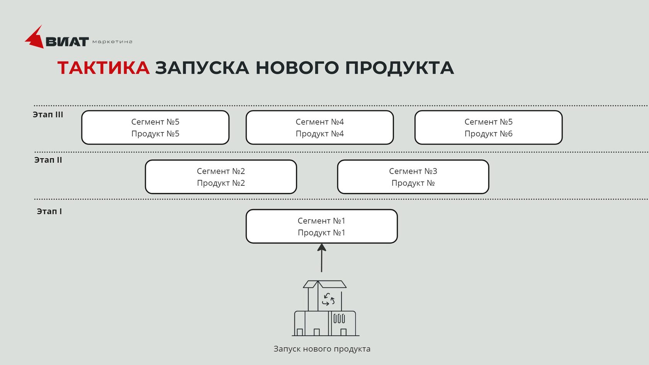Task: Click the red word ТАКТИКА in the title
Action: coord(104,68)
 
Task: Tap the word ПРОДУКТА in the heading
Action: coord(399,68)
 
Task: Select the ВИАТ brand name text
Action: coord(67,42)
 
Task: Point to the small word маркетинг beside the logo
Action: coord(112,42)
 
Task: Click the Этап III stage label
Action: coord(48,115)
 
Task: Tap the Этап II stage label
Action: coord(48,160)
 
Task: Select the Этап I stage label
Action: coord(49,212)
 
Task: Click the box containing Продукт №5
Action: coord(155,127)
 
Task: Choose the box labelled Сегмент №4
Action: coord(319,127)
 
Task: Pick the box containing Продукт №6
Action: coord(488,127)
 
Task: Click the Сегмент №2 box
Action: coord(221,177)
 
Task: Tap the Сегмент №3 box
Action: coord(413,177)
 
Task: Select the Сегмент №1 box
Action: coord(321,226)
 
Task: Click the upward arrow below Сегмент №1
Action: coord(321,258)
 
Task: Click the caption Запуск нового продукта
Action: coord(322,349)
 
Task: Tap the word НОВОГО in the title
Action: coord(297,68)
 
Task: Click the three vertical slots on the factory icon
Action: coord(339,319)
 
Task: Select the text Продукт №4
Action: coord(319,134)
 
